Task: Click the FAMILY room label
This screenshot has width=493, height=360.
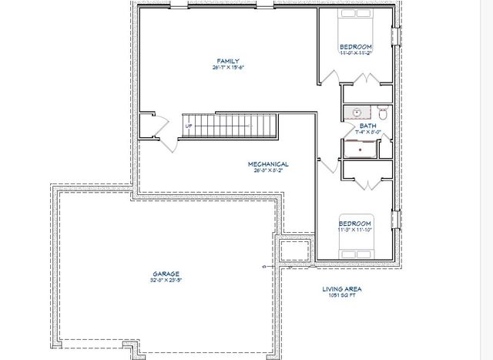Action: pyautogui.click(x=226, y=61)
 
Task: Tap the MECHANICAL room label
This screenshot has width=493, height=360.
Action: pyautogui.click(x=268, y=164)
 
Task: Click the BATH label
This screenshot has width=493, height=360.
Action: pyautogui.click(x=367, y=126)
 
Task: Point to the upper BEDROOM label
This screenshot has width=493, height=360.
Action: pyautogui.click(x=356, y=47)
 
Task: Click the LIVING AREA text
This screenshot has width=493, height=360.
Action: pyautogui.click(x=341, y=289)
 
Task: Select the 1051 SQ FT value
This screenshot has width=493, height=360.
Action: pyautogui.click(x=341, y=296)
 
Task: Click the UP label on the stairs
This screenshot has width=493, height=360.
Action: pyautogui.click(x=188, y=126)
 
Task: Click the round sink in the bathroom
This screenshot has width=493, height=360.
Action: pyautogui.click(x=357, y=113)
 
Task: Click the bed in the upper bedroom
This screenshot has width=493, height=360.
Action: pyautogui.click(x=357, y=22)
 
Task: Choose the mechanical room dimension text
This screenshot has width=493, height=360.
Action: pyautogui.click(x=268, y=171)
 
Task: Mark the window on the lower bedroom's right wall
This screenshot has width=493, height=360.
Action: pyautogui.click(x=397, y=224)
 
